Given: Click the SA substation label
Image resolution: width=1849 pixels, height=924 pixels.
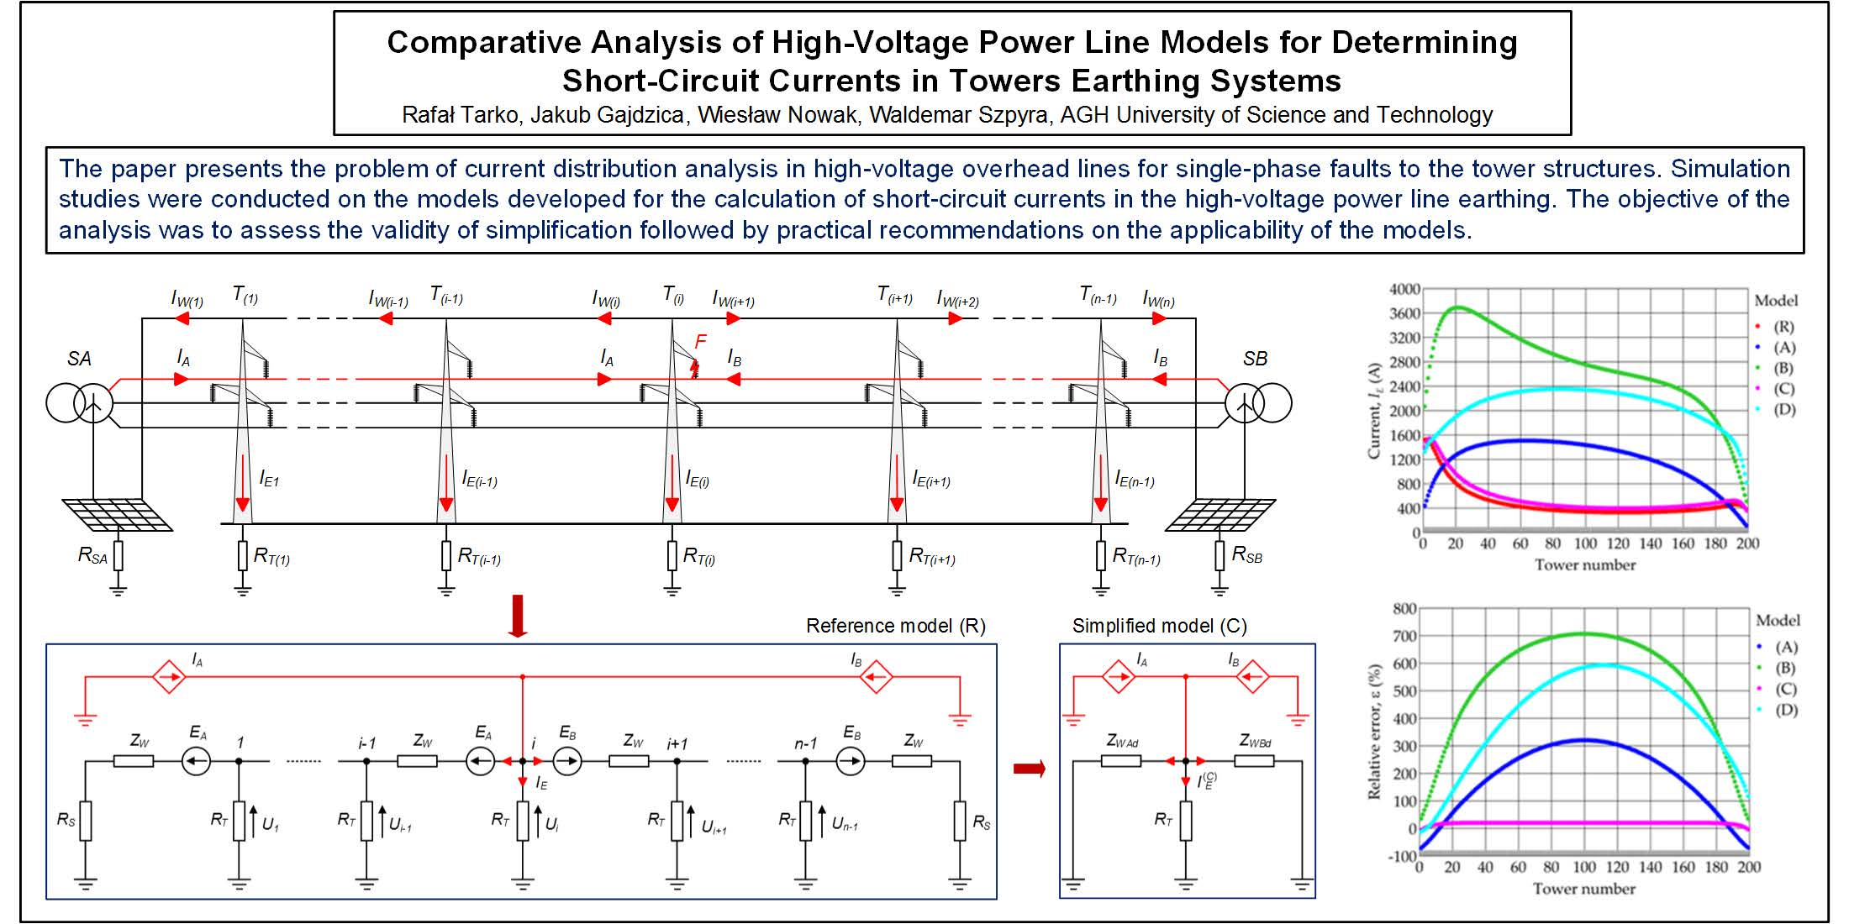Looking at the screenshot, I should [x=79, y=359].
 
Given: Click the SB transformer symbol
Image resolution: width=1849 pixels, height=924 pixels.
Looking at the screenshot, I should [x=1258, y=404].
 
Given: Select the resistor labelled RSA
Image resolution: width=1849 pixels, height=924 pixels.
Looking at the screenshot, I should [x=119, y=555].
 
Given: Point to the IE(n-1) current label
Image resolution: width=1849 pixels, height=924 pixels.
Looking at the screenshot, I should [x=1135, y=480].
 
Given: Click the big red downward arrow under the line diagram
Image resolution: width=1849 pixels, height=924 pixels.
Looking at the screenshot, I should [x=518, y=616].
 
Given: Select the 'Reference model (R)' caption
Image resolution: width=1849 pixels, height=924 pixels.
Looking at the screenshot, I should [x=895, y=626].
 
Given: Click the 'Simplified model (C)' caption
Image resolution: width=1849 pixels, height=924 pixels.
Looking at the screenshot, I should [x=1159, y=626].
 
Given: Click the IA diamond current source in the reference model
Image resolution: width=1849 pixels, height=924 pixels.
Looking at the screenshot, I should [x=169, y=676].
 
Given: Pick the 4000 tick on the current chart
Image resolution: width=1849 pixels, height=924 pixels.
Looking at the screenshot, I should [x=1404, y=289].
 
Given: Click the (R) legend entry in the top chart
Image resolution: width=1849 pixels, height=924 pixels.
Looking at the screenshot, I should [x=1783, y=327].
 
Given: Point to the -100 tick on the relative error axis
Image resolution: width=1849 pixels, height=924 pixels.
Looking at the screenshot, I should [x=1403, y=856].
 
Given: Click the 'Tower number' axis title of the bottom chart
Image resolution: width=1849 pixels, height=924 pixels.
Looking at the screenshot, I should [x=1583, y=889].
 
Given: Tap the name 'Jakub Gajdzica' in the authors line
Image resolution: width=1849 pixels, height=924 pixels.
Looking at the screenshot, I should [x=606, y=115].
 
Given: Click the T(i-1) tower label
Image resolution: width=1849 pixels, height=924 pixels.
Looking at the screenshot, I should [x=446, y=295].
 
